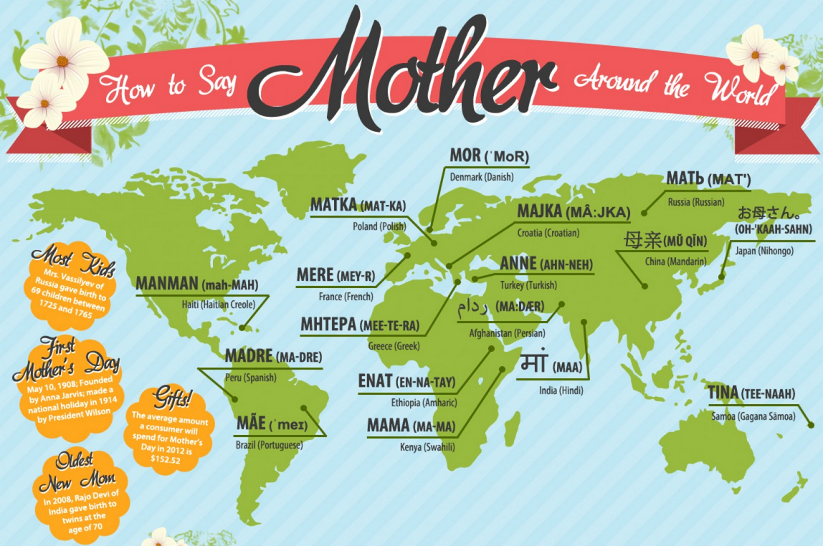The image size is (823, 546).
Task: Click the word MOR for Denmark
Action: pos(465,155)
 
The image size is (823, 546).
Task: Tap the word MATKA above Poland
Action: pos(334,206)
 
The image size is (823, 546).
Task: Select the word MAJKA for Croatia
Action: pos(540,212)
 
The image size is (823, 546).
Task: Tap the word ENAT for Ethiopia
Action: pos(375,381)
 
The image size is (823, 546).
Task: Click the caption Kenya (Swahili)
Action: pos(427,447)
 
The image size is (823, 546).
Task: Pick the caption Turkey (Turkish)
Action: pos(528,285)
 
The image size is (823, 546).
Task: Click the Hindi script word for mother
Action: pos(534,363)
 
